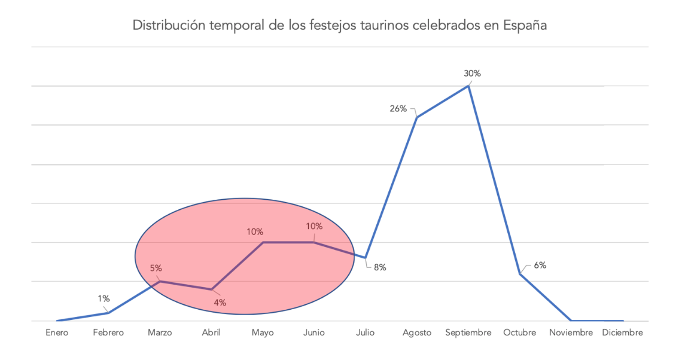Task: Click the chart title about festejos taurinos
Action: coord(339,26)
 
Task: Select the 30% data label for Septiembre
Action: coord(472,74)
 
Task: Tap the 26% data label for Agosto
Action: coord(398,109)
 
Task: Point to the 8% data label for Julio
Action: coord(380,267)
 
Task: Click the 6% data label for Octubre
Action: coord(540,265)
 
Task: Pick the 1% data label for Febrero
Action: coord(104,298)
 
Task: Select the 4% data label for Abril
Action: coord(220,303)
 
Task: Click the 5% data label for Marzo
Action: coord(156,268)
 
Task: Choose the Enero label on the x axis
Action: coord(57,333)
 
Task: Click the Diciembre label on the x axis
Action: coord(622,333)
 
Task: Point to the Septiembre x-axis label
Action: coord(468,333)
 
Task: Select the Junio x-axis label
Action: coord(314,333)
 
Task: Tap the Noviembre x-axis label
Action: coord(571,333)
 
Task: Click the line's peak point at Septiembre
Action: coord(468,86)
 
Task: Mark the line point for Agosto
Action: coord(416,117)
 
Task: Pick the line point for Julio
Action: coord(365,258)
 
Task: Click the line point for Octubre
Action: coord(519,273)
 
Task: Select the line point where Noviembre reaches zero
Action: coord(571,321)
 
